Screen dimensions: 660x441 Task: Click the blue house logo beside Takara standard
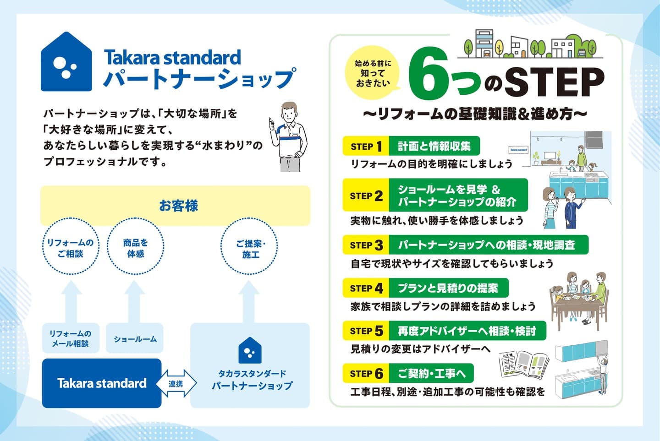tap(66, 62)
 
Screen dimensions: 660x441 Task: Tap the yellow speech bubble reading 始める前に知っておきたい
tap(373, 72)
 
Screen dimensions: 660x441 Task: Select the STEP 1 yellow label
tap(366, 146)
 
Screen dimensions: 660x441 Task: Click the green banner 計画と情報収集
tap(434, 146)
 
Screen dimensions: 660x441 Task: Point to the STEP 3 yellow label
tap(366, 245)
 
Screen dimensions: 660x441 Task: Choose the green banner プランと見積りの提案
tap(448, 288)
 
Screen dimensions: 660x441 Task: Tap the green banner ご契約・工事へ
tap(431, 373)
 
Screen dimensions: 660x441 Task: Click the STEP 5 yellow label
tap(366, 331)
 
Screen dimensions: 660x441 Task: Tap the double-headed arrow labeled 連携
tap(176, 383)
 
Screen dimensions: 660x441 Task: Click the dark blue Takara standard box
tap(102, 383)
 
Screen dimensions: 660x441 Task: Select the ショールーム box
tap(135, 338)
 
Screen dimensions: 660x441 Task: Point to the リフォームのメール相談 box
tap(71, 338)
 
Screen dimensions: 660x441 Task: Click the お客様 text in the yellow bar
tap(179, 206)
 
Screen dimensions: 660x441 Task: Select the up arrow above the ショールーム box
tap(134, 302)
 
